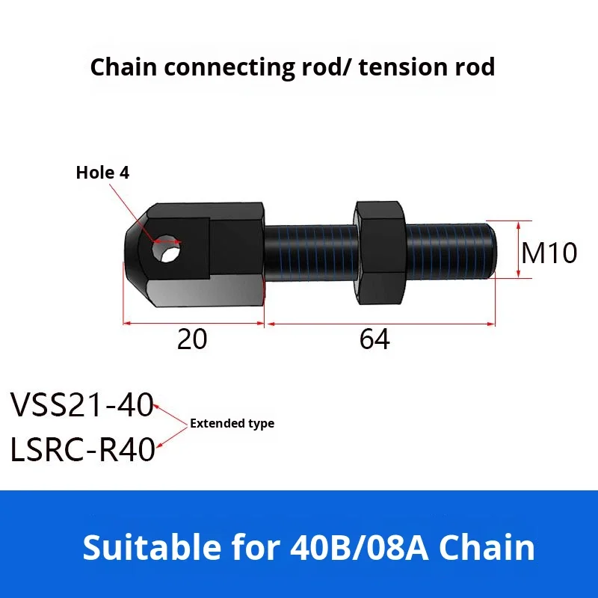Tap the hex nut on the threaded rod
(381, 253)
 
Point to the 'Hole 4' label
(102, 173)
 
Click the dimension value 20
(192, 340)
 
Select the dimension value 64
(374, 340)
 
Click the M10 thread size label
(549, 253)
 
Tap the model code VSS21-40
(81, 406)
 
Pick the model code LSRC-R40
(82, 451)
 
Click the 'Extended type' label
(232, 423)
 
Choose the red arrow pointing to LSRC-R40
(167, 437)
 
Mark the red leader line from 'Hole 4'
(135, 210)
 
